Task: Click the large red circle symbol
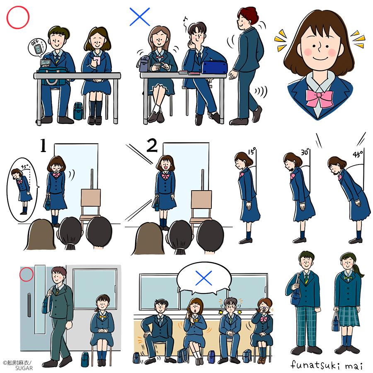pyautogui.click(x=18, y=17)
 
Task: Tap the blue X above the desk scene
pyautogui.click(x=140, y=17)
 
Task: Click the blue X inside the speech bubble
pyautogui.click(x=203, y=278)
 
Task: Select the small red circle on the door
pyautogui.click(x=27, y=274)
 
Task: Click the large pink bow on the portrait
pyautogui.click(x=320, y=97)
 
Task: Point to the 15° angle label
pyautogui.click(x=252, y=151)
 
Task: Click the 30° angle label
pyautogui.click(x=305, y=152)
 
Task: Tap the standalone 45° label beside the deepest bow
pyautogui.click(x=358, y=154)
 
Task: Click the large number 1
pyautogui.click(x=43, y=145)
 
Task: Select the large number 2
pyautogui.click(x=152, y=145)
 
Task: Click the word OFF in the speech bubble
pyautogui.click(x=35, y=43)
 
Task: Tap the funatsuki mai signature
pyautogui.click(x=327, y=365)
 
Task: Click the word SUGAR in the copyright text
pyautogui.click(x=24, y=368)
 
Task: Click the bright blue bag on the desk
pyautogui.click(x=215, y=67)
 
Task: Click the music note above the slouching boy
pyautogui.click(x=185, y=19)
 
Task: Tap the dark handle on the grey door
pyautogui.click(x=29, y=305)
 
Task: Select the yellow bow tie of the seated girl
pyautogui.click(x=103, y=317)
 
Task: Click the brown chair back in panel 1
pyautogui.click(x=91, y=197)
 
